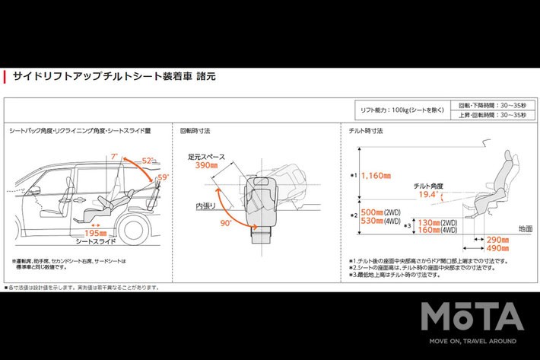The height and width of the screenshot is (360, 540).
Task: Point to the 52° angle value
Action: click(x=148, y=161)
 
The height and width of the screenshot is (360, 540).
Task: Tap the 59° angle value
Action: click(x=163, y=177)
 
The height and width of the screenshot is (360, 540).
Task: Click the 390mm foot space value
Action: click(x=206, y=165)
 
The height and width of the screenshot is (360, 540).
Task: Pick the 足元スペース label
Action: click(x=208, y=156)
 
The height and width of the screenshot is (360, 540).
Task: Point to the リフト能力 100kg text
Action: click(x=402, y=111)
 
